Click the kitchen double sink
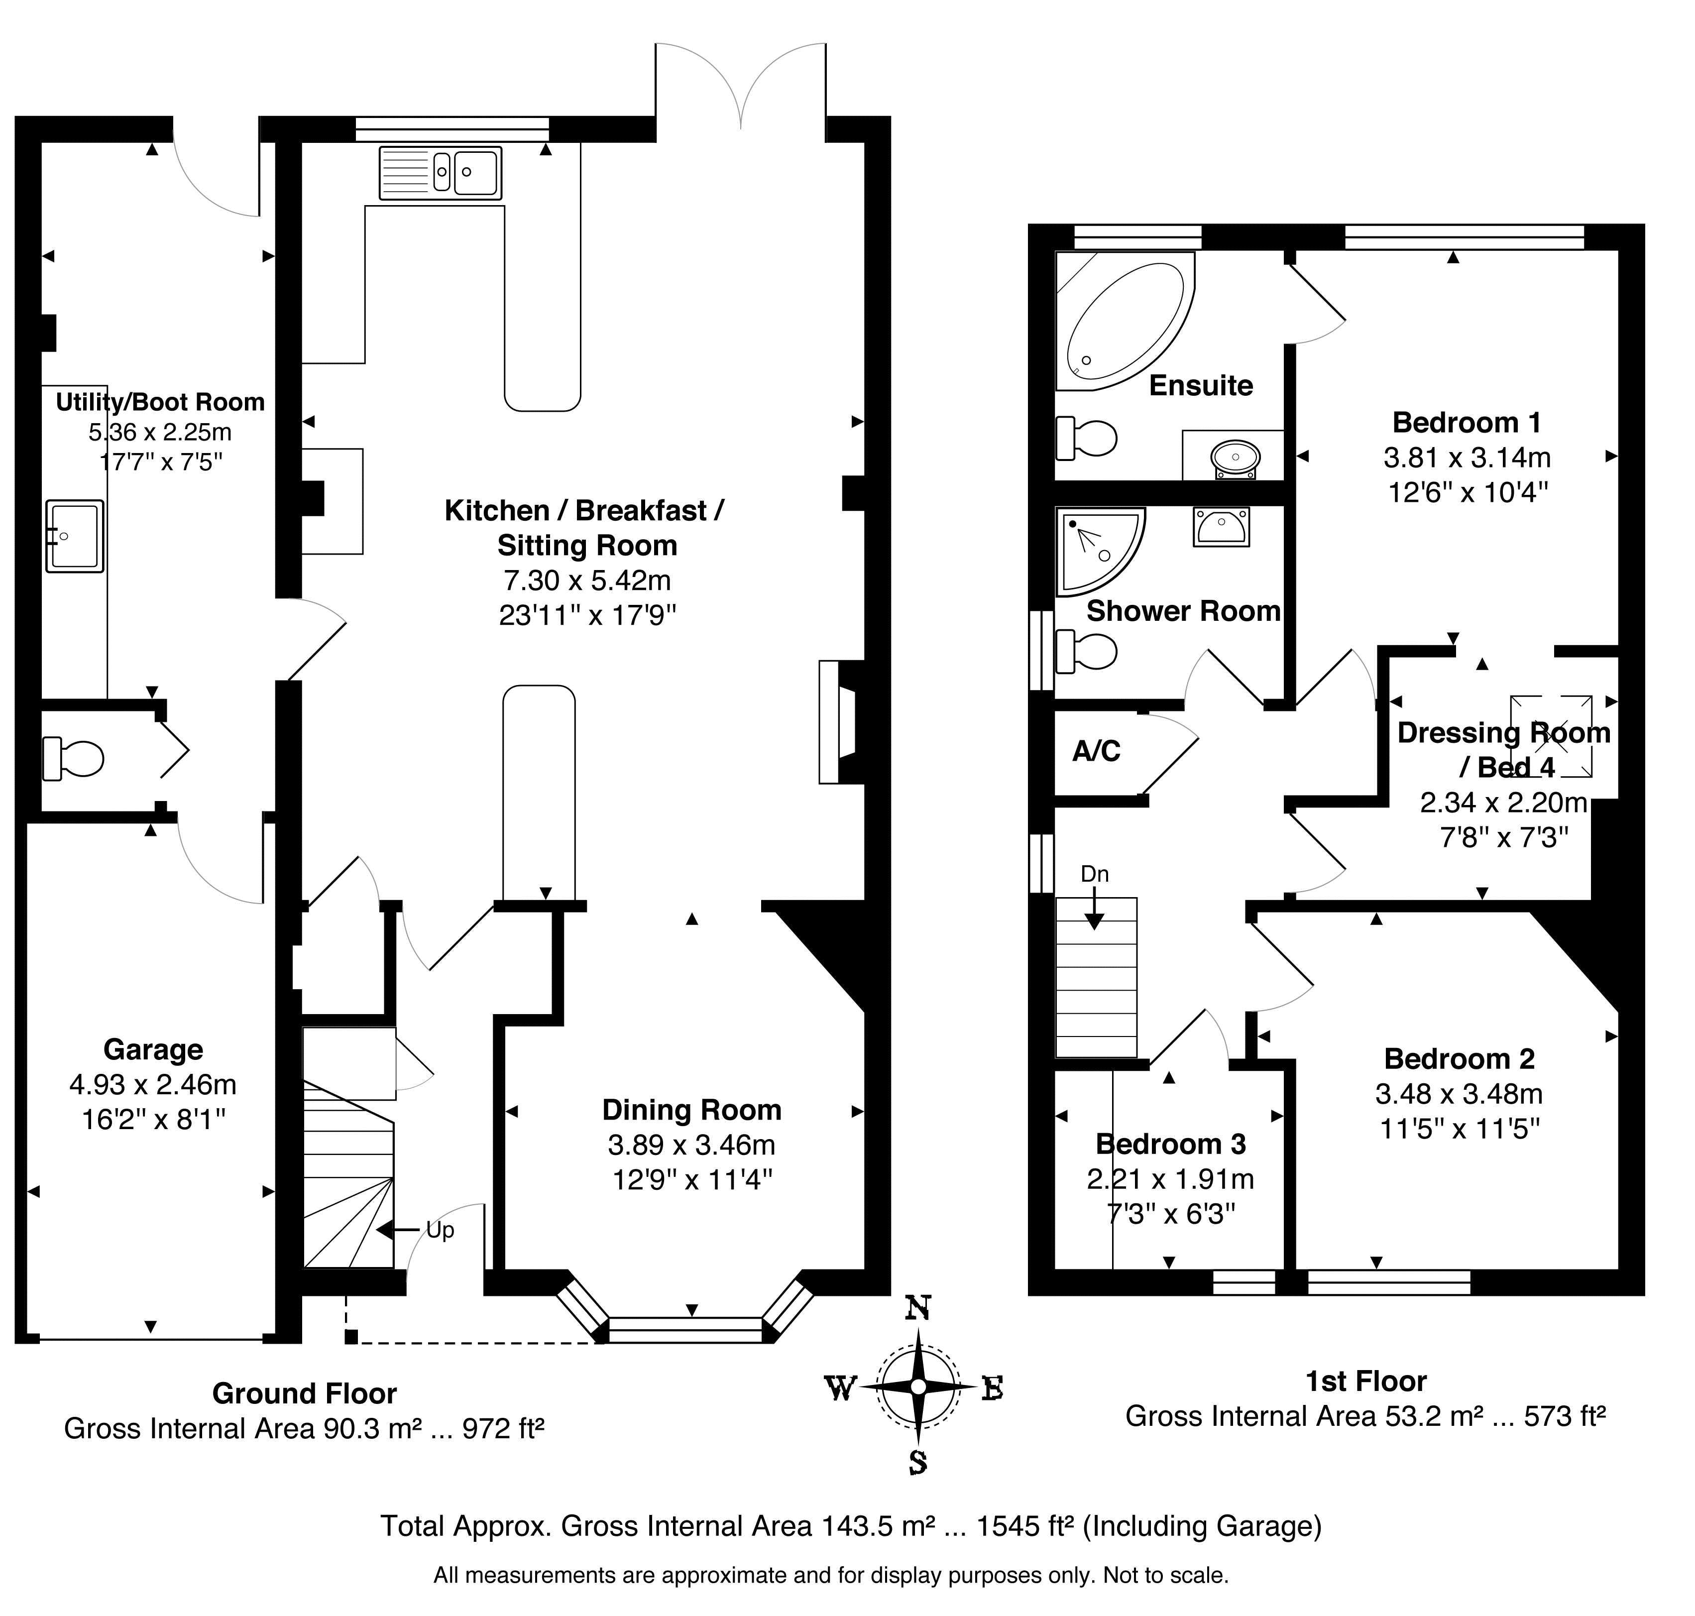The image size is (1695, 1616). (x=440, y=172)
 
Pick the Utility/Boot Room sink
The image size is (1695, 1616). (x=75, y=536)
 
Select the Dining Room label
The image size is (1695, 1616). (x=691, y=1110)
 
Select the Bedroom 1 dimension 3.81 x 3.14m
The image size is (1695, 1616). (x=1467, y=458)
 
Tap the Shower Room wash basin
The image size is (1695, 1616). (x=1221, y=526)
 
